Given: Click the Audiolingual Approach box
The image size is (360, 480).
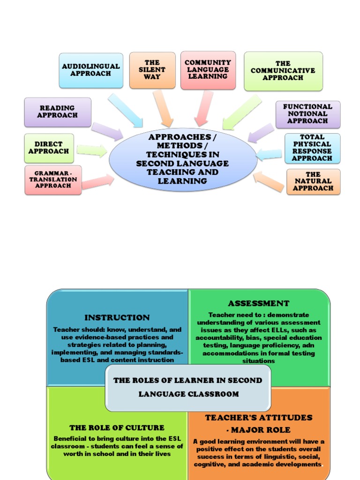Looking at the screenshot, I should point(91,70).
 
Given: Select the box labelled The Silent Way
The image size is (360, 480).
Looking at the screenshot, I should point(152,70).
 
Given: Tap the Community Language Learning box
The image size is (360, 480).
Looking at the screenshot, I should point(208,70).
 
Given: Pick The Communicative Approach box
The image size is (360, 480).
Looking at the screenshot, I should point(283,71).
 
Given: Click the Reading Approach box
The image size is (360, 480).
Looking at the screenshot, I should point(58,112).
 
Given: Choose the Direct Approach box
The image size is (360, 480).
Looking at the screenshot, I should point(49,148).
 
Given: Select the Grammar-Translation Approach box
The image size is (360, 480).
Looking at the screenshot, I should point(53,180).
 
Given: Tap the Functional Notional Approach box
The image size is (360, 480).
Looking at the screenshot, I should point(307,114).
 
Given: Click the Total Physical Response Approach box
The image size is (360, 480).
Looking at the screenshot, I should point(312,148).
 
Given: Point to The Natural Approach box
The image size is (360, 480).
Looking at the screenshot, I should point(313,181).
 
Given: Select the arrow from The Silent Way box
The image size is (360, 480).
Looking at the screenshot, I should point(163,108).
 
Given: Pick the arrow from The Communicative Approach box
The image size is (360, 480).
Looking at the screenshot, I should point(241,112).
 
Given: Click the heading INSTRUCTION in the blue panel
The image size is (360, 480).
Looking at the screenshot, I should point(117,318).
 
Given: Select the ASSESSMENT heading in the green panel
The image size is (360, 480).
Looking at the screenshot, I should point(259,303).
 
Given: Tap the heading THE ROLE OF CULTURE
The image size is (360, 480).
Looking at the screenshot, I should point(117,427).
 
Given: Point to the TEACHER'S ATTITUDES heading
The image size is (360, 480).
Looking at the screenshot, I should point(259,417).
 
